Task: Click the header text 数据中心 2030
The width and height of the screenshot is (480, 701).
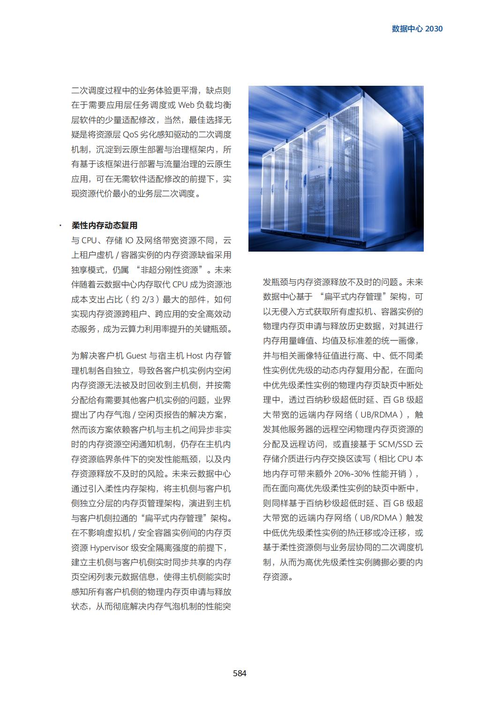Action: (x=417, y=29)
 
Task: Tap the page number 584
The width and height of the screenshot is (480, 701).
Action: (x=240, y=673)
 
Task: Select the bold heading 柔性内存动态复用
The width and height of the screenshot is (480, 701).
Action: (x=104, y=225)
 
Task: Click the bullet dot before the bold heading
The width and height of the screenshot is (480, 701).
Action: (x=60, y=226)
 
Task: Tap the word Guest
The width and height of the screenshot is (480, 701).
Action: (x=136, y=356)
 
